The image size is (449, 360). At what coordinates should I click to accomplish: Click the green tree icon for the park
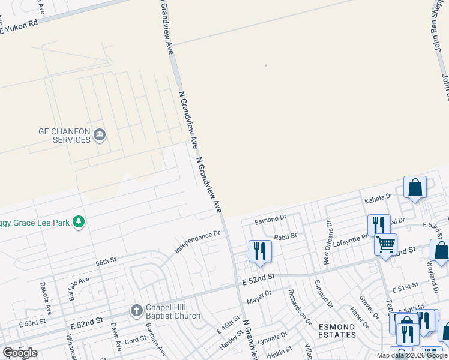[78, 222]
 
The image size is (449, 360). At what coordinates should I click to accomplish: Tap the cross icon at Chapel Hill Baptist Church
[136, 311]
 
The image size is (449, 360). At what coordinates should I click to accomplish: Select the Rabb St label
[285, 236]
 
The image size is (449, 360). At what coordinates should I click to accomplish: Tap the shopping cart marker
[385, 243]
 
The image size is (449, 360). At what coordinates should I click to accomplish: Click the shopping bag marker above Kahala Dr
[415, 187]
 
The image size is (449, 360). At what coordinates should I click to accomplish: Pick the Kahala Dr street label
[378, 196]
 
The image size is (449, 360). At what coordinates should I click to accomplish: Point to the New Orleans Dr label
[328, 242]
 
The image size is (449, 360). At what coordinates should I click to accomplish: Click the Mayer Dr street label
[259, 294]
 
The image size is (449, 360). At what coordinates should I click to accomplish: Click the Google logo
[19, 353]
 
